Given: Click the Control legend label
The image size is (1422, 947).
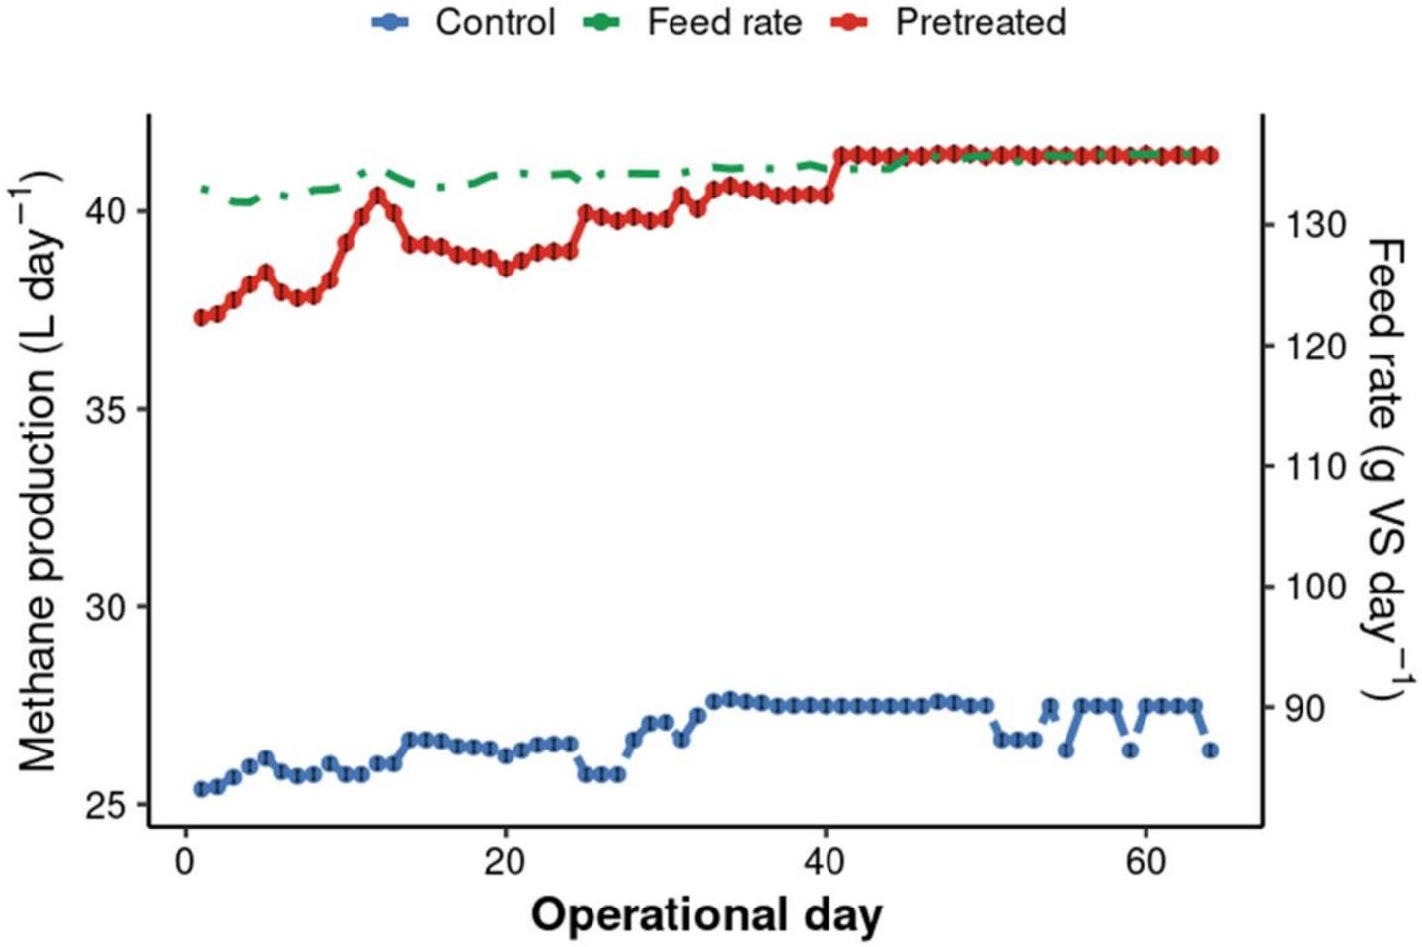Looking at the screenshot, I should point(496,22).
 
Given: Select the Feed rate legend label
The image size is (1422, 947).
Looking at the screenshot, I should point(724,22).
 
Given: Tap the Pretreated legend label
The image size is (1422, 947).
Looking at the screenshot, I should point(980,22).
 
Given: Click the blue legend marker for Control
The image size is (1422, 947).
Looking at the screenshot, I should point(391,22).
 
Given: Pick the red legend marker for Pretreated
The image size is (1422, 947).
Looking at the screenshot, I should point(849,22).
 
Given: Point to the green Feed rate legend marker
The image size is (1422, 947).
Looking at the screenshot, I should point(602,22).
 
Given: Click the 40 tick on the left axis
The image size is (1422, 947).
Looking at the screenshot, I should point(107,211).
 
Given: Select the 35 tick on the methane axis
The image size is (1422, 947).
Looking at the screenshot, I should point(107,410).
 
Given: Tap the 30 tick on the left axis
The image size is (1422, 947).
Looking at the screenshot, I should point(107,607).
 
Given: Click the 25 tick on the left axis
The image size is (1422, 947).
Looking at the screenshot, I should point(107,806).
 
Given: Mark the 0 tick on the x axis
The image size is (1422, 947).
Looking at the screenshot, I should point(185,862).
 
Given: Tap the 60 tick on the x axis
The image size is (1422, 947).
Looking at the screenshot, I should point(1145,862).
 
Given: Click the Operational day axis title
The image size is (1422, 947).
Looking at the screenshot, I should point(706,915).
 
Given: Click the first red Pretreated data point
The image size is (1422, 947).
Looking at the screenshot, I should point(201,317).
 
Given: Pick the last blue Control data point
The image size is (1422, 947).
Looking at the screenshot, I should point(1210,750).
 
